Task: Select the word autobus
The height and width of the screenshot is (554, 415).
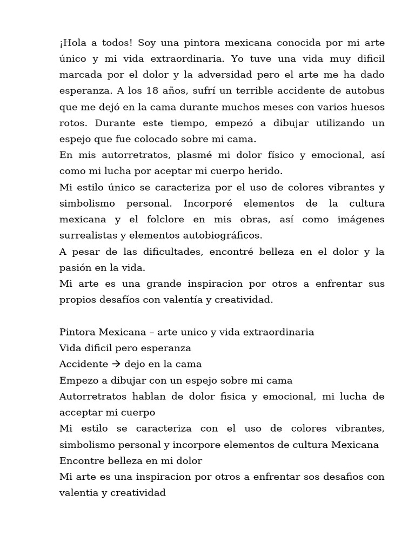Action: click(365, 91)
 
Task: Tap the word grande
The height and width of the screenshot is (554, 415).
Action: click(142, 283)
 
